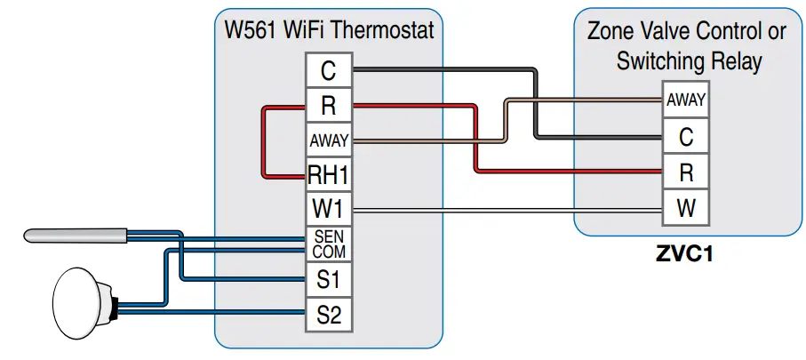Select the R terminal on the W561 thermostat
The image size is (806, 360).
(328, 106)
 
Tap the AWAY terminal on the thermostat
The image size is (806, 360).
(328, 140)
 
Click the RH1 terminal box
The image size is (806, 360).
(328, 174)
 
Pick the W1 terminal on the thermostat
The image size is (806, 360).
(328, 210)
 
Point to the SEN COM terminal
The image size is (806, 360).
(328, 244)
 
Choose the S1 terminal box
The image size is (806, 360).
(328, 279)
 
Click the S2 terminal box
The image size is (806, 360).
(328, 314)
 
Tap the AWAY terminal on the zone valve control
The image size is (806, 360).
(685, 100)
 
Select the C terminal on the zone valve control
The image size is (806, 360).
(685, 137)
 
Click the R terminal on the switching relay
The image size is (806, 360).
(685, 173)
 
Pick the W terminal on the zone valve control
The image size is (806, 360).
(685, 210)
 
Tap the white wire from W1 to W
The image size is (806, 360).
(507, 210)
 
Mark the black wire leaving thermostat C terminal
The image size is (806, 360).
(444, 68)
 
